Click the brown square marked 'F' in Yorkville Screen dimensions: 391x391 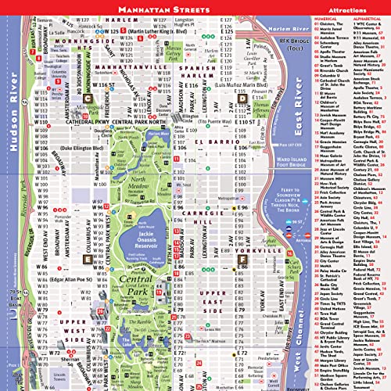[x=243, y=257]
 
